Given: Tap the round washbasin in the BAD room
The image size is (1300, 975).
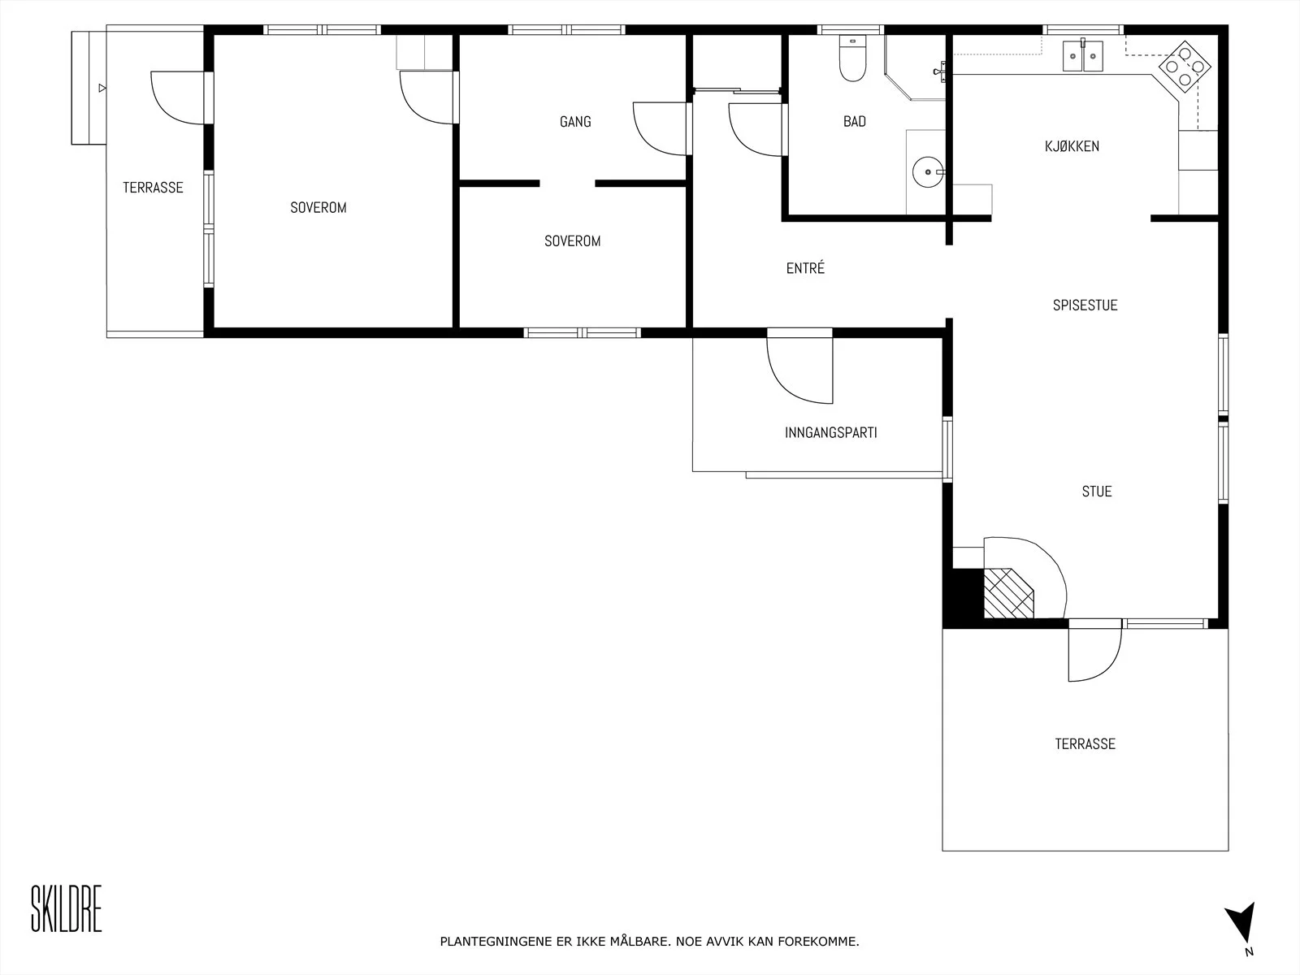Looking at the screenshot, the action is [928, 172].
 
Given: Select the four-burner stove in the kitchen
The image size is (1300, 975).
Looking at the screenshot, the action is [1185, 67].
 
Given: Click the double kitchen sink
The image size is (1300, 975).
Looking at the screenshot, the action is [1082, 55].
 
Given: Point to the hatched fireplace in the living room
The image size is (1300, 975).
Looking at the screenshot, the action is [1008, 593].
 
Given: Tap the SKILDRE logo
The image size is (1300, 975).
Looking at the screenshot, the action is [67, 908].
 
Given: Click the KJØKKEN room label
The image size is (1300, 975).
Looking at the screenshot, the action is [1072, 146].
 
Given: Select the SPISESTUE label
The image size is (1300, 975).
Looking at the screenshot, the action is [1085, 305].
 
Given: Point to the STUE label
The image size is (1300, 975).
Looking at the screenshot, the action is [1097, 492].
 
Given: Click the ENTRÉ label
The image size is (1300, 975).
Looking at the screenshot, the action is [805, 268].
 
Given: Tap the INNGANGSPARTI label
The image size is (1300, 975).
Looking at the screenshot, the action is [831, 433].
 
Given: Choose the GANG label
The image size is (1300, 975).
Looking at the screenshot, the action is [575, 122].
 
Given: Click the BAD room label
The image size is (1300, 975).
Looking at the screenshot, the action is [855, 121].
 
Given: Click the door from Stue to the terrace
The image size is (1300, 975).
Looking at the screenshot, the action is [1095, 650].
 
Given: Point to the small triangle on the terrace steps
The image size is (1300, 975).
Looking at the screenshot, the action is [102, 89].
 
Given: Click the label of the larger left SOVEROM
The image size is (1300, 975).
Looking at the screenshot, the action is [318, 208].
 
